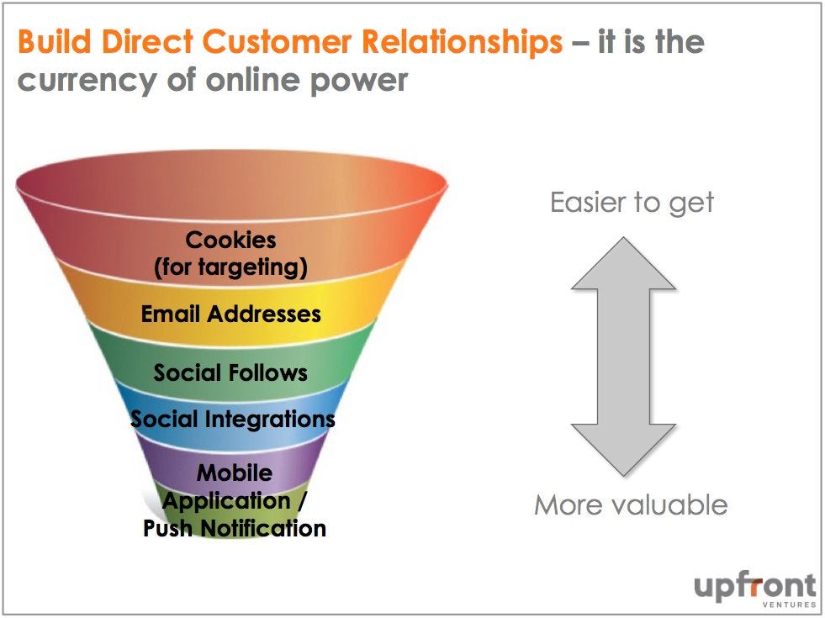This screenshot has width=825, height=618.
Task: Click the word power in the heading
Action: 362,80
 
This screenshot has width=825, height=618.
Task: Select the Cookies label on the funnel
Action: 230,240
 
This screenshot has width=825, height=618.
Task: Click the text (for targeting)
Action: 230,267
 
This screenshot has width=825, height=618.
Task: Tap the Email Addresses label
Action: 230,314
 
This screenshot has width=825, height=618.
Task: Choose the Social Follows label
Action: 230,372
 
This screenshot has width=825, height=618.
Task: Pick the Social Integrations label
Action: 232,419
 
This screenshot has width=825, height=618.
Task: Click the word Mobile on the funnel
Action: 235,473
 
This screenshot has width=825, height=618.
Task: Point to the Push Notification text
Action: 235,528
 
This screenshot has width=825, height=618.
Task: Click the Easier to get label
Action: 632,202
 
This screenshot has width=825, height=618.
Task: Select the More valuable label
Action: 631,504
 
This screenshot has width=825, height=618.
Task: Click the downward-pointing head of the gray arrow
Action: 624,450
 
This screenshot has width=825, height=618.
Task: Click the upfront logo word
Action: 754,585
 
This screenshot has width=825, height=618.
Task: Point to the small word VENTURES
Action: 789,605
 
